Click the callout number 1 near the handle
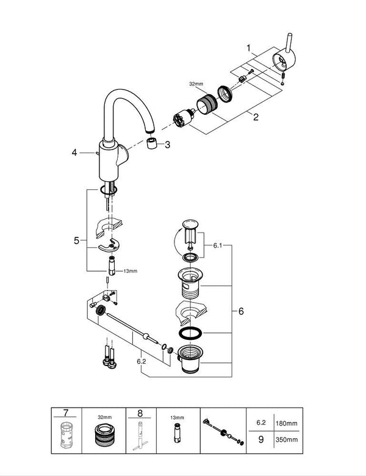click(248, 47)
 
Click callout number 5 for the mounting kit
click(76, 241)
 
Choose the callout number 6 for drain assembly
click(241, 311)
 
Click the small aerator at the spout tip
click(152, 144)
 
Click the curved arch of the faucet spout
click(127, 95)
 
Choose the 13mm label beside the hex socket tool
click(131, 271)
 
